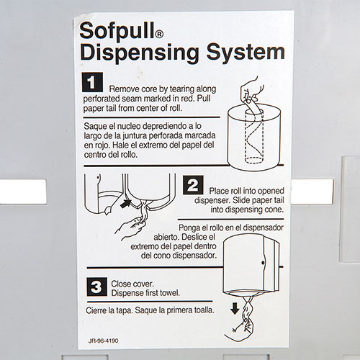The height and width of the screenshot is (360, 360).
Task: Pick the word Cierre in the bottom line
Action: click(99, 311)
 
